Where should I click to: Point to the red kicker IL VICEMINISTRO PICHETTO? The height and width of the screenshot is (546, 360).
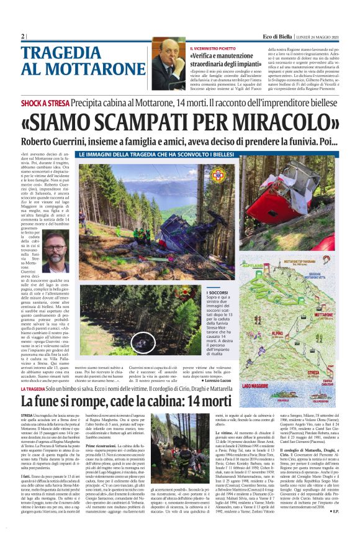[218, 48]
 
